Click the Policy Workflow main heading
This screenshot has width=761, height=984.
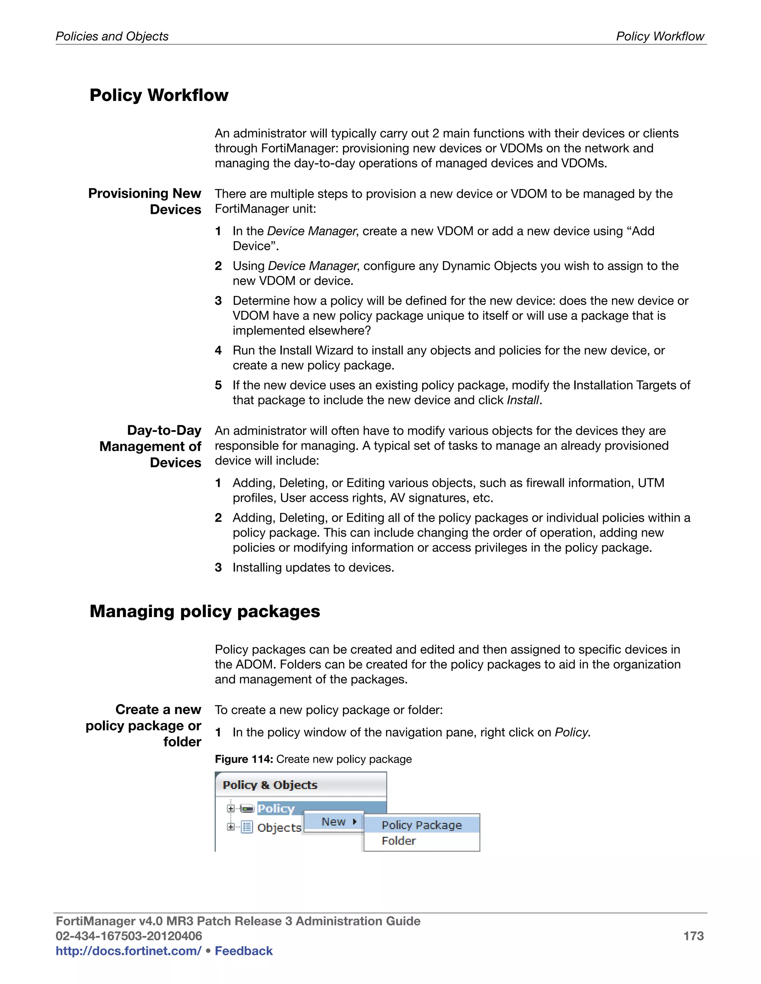[x=159, y=95]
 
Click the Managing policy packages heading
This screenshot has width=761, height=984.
[x=205, y=612]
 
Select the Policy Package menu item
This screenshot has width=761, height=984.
[x=421, y=825]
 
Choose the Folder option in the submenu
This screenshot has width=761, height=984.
[x=399, y=841]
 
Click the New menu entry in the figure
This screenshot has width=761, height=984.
[x=334, y=822]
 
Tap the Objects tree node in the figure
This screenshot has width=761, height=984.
[x=279, y=828]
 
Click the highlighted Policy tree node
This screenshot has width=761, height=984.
[x=276, y=809]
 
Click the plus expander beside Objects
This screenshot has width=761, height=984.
[x=231, y=827]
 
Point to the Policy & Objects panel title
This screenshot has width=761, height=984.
[x=270, y=785]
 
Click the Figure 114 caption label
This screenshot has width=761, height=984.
[x=244, y=759]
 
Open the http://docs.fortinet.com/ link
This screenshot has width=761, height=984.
[x=129, y=951]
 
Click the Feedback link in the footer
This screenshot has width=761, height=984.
[x=243, y=951]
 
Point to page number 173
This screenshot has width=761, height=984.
[x=693, y=936]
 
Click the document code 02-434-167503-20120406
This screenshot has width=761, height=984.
[x=129, y=936]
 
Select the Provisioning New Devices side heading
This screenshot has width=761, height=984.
[x=145, y=201]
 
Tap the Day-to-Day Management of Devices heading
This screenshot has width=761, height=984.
[x=150, y=446]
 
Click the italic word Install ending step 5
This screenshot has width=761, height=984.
[x=522, y=400]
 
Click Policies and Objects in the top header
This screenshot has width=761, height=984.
[x=112, y=36]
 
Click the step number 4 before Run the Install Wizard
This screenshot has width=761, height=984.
[x=218, y=350]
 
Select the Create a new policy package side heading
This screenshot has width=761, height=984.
[x=144, y=726]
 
